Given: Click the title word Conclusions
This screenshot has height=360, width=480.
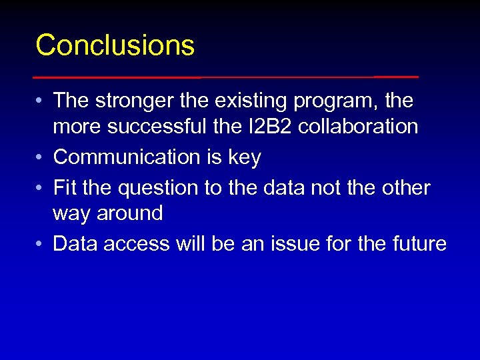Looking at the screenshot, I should pos(115,45).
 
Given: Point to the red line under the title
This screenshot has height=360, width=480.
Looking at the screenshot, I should pos(227,77).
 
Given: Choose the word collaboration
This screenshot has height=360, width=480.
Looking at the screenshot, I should pos(358,125).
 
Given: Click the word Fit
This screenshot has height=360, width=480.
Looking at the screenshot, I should pos(65,188).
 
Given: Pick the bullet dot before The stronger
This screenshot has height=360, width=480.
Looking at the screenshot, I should pos(40,102).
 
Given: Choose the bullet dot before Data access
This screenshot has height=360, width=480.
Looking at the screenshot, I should pos(40,245).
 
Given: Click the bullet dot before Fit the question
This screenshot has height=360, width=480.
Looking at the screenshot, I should pos(40,189).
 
